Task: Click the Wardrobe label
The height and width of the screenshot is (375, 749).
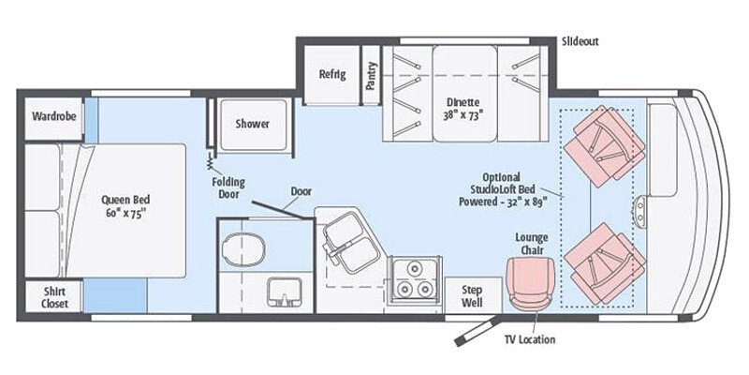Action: [53, 117]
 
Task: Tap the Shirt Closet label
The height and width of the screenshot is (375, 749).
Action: [53, 297]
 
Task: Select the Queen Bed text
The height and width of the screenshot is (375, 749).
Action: [128, 205]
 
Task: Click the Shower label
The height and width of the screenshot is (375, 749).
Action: [252, 124]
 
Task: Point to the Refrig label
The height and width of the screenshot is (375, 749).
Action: [332, 75]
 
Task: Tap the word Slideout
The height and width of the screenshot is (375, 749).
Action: [580, 42]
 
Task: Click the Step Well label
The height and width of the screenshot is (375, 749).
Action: [472, 296]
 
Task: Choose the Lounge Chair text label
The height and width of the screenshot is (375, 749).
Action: [531, 243]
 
